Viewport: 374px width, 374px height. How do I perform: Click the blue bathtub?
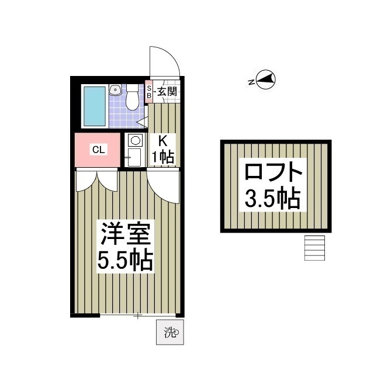[95, 106]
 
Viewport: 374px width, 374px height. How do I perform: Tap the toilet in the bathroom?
[132, 99]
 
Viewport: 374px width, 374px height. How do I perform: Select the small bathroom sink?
[115, 91]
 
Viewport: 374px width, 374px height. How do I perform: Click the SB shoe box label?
[149, 92]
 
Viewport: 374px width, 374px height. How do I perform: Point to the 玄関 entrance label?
[166, 92]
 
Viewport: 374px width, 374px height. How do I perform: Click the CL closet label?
[98, 150]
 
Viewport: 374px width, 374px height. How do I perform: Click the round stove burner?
[135, 141]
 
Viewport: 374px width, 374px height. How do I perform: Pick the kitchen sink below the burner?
[134, 157]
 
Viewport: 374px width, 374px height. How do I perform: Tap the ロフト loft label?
[273, 174]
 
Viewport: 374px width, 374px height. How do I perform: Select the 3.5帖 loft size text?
[272, 199]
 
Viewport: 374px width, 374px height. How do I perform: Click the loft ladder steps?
[314, 248]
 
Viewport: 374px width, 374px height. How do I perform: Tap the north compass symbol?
[266, 80]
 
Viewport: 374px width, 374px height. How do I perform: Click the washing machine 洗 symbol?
[170, 333]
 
